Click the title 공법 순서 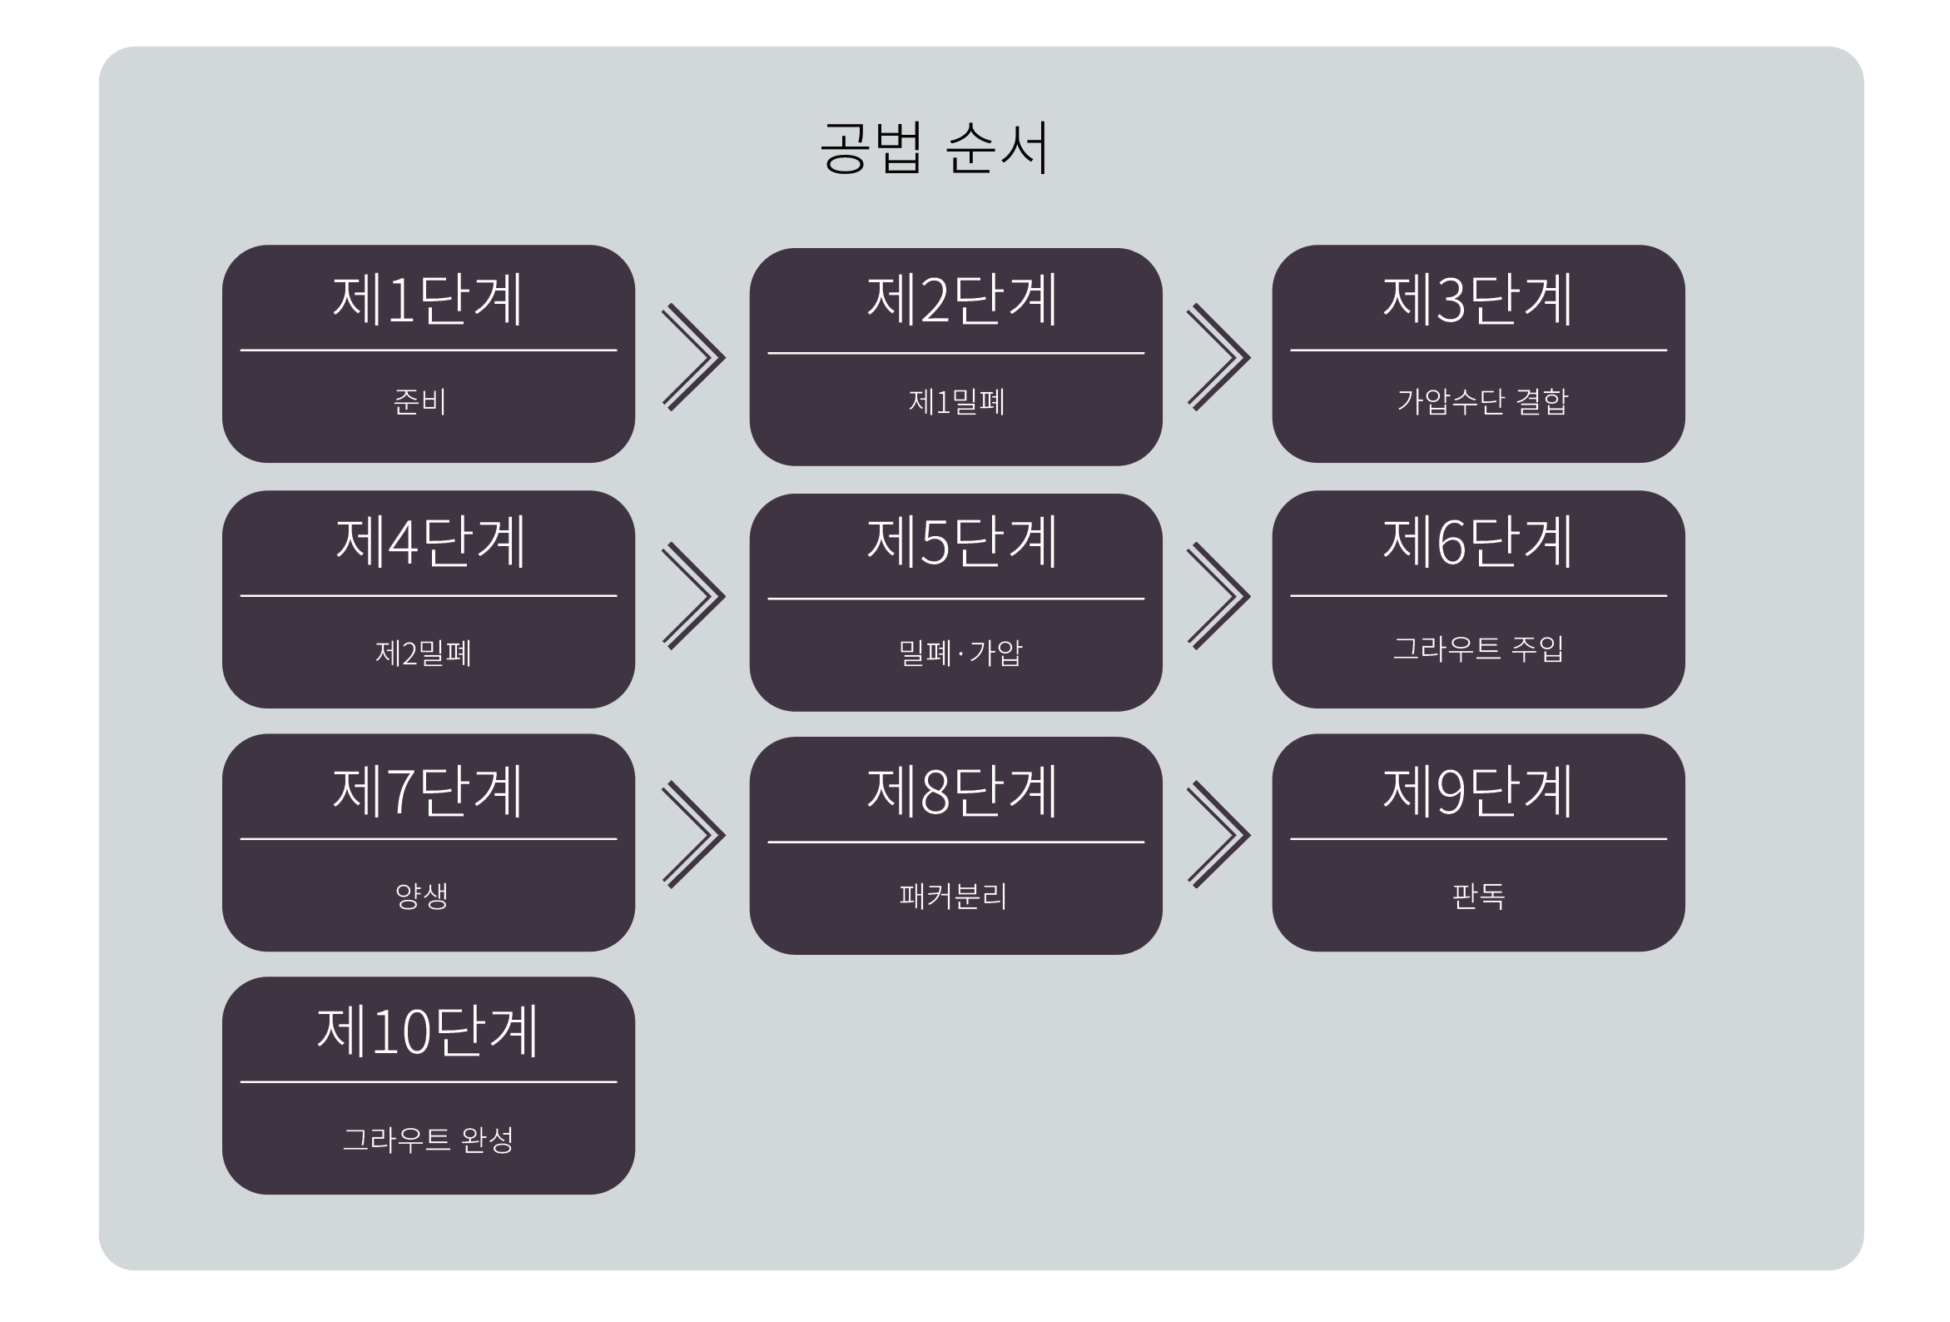click(x=934, y=147)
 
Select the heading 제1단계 click(x=428, y=300)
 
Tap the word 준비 click(x=419, y=401)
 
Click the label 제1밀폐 click(x=956, y=402)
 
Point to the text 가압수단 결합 click(x=1481, y=401)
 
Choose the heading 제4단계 click(x=429, y=542)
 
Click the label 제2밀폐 click(x=423, y=652)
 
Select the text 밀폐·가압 click(x=960, y=652)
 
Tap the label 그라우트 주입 click(x=1477, y=648)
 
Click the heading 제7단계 click(x=428, y=791)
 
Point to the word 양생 click(x=421, y=896)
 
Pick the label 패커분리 click(x=952, y=896)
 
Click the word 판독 click(x=1477, y=896)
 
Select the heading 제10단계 click(x=427, y=1031)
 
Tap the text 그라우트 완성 click(x=428, y=1139)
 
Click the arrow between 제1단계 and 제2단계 click(x=693, y=358)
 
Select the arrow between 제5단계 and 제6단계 click(x=1218, y=596)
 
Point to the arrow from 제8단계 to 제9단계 click(x=1218, y=834)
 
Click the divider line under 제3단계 click(x=1477, y=350)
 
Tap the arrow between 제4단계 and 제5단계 click(x=693, y=596)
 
